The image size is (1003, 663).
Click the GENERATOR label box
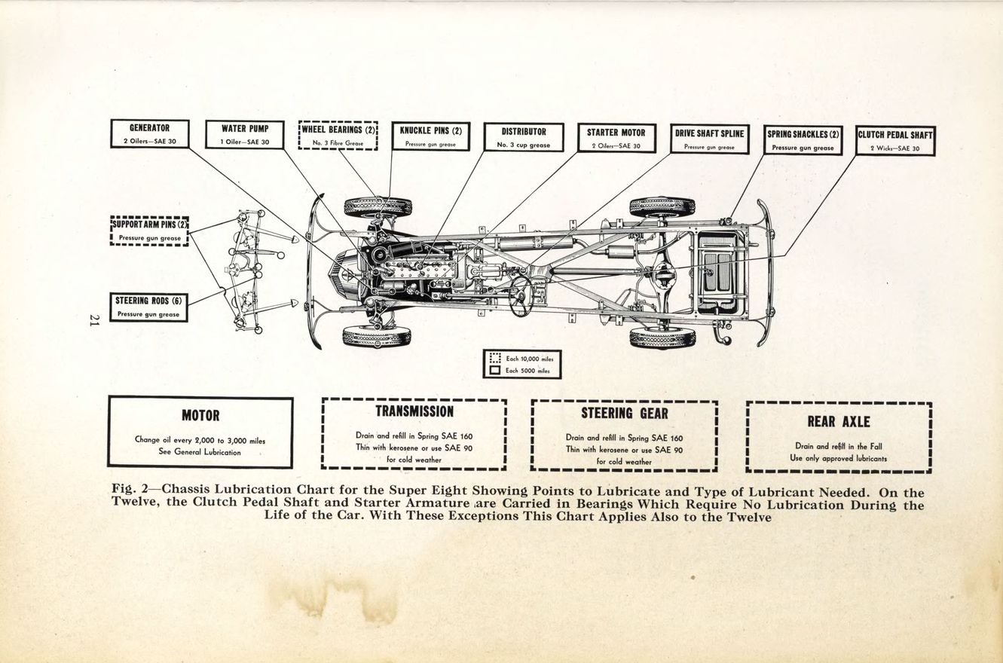149,134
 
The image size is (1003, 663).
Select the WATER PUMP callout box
245,134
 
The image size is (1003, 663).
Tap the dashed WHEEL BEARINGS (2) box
338,136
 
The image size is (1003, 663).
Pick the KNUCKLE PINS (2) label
430,136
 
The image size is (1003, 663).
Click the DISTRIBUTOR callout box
523,136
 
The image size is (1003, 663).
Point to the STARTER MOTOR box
616,138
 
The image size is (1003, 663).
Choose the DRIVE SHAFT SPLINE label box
709,139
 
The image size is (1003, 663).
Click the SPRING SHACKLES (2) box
803,139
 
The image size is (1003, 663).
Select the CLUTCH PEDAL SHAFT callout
895,140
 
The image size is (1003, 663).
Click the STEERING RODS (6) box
149,307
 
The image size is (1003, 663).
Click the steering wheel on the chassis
521,295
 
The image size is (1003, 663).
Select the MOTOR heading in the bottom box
200,416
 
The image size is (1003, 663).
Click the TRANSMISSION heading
414,412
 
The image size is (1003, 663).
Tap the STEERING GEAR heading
624,414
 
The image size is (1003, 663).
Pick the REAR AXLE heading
838,422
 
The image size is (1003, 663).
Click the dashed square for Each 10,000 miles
495,359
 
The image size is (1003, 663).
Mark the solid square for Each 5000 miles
495,371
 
